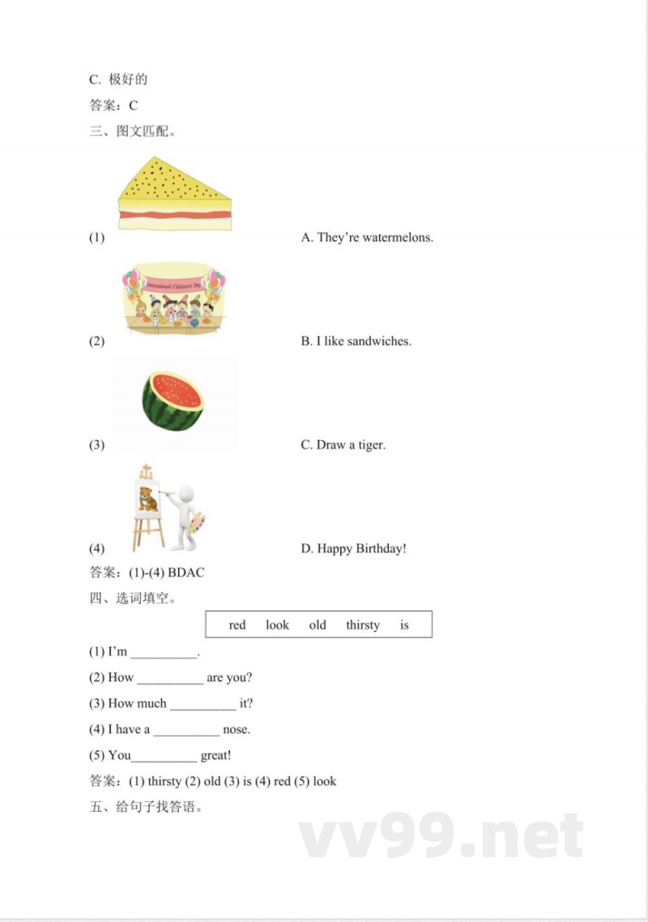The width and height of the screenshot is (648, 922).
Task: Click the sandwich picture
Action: point(174,195)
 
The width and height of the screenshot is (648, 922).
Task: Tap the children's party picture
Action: point(173,298)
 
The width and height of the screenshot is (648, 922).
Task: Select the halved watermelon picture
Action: point(173,400)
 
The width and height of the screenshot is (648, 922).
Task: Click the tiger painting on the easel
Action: point(147,498)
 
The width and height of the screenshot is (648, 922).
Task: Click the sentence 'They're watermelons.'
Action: point(367,238)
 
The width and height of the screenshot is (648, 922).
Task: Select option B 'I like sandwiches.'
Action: point(356,341)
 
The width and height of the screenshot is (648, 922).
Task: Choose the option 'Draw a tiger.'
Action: point(343,445)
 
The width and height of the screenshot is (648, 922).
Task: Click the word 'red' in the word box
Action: point(237,625)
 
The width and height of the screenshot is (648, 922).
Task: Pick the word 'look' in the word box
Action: point(277,625)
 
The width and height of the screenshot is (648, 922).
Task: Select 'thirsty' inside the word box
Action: point(362,625)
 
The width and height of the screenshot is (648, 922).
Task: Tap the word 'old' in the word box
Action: point(318,625)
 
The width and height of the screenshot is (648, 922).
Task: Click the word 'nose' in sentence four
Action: point(237,730)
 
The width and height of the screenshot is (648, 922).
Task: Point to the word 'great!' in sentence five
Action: point(216,756)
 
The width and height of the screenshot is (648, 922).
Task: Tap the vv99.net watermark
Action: point(441,837)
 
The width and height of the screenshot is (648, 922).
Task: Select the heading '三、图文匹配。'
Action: point(133,131)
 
